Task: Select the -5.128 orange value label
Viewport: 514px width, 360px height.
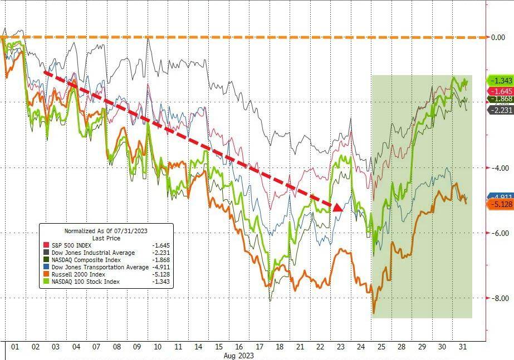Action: click(501, 205)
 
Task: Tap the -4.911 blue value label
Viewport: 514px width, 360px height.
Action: click(501, 197)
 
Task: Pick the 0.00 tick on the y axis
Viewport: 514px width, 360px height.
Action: click(497, 37)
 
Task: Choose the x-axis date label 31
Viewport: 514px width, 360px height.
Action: click(462, 347)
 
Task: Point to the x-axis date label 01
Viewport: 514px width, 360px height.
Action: click(15, 347)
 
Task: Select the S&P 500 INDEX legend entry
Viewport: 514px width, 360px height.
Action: click(69, 245)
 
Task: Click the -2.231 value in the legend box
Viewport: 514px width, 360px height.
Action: click(158, 253)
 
